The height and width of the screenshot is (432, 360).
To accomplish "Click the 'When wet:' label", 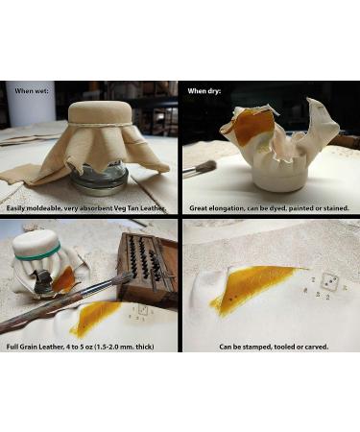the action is (32, 91).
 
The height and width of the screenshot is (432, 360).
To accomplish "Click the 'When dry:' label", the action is (204, 91).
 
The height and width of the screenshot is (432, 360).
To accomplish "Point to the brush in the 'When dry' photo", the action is (199, 168).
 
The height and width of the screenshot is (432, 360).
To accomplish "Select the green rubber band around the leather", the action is (37, 253).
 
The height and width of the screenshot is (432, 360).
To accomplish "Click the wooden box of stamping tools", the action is (147, 267).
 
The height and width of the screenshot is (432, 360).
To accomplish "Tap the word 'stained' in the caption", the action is (336, 208).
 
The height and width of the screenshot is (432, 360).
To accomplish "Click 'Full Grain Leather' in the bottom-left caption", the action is (35, 347).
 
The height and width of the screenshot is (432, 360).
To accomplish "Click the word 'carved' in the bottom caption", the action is (317, 347).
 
